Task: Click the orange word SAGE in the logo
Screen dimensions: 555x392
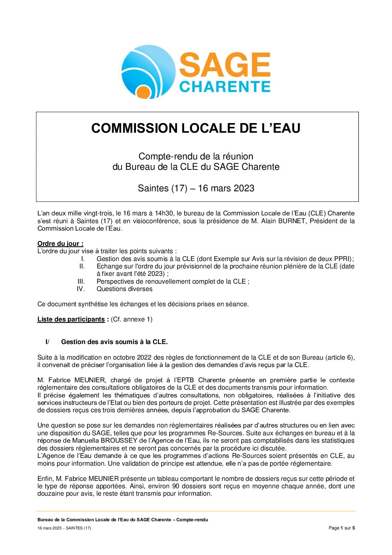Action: (x=225, y=65)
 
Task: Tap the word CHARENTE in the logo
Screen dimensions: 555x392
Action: (x=225, y=87)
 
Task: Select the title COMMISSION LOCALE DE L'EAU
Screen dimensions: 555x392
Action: (x=196, y=128)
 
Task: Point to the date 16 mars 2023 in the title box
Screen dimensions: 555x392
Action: (x=226, y=188)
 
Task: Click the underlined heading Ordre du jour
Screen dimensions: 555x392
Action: (x=60, y=244)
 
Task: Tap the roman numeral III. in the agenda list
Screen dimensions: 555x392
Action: (x=81, y=281)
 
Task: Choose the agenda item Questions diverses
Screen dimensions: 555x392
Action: (x=124, y=289)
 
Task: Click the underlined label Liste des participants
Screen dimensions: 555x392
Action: (x=71, y=319)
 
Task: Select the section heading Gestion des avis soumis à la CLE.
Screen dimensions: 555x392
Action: (x=114, y=342)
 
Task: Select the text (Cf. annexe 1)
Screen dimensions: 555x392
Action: (x=132, y=319)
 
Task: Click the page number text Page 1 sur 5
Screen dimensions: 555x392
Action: (x=342, y=528)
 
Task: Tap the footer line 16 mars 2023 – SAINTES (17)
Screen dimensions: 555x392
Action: (x=64, y=528)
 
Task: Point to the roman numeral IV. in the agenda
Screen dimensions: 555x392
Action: (x=80, y=289)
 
